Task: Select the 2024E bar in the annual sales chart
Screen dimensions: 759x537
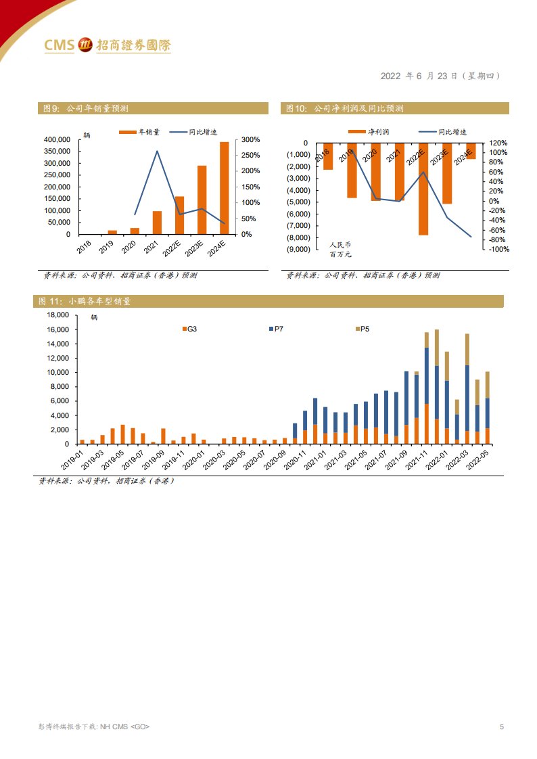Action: point(224,187)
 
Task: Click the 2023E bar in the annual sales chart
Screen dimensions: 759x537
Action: point(202,200)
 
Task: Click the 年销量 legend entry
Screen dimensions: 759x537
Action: point(139,133)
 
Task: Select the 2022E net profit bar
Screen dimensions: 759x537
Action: point(423,189)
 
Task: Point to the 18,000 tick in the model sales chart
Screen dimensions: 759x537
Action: point(57,315)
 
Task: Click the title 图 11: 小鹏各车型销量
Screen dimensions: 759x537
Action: point(85,302)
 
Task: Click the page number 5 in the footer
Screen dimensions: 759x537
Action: point(501,727)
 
